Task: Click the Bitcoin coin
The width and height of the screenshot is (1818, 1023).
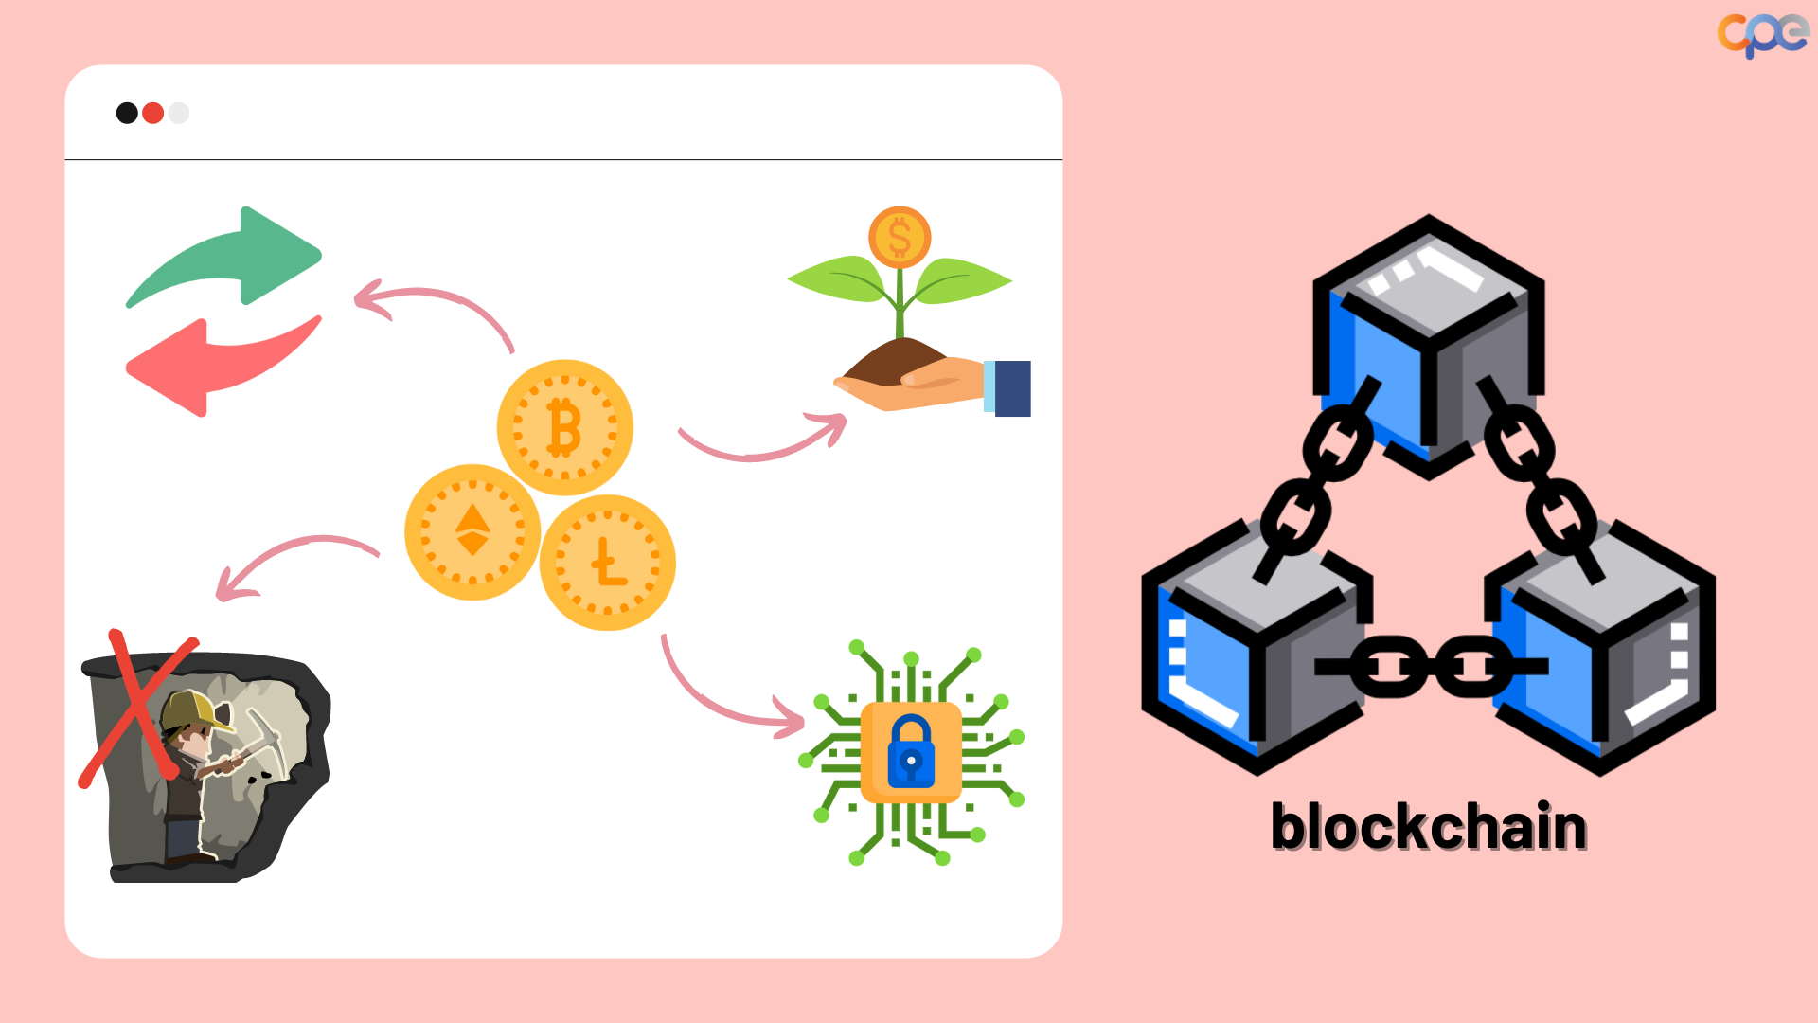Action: [565, 427]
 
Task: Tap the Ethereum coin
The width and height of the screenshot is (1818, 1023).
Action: [472, 531]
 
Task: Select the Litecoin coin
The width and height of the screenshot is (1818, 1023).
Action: [607, 563]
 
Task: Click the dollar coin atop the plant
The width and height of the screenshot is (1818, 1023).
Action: [900, 237]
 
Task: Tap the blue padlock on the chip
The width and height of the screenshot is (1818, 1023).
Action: [911, 753]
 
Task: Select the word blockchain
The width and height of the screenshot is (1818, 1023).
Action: [1428, 827]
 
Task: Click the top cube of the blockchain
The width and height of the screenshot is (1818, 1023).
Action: [1428, 346]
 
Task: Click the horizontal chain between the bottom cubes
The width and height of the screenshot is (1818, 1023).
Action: [1430, 667]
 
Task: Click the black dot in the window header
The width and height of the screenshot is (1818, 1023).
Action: [127, 114]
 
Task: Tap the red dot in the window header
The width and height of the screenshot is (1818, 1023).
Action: [152, 114]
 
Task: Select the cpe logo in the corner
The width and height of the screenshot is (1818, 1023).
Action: [1762, 34]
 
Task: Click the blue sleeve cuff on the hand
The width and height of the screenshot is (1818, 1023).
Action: [1011, 388]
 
